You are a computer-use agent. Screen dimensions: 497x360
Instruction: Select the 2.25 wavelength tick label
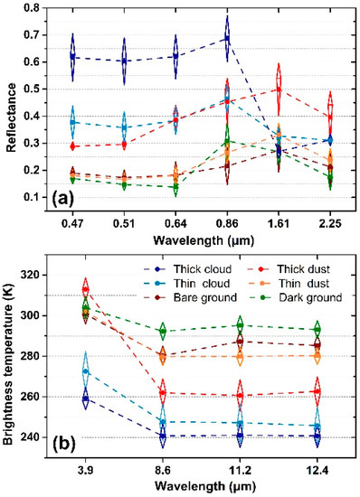331,218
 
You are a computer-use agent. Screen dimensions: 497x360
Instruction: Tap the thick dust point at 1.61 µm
279,89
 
